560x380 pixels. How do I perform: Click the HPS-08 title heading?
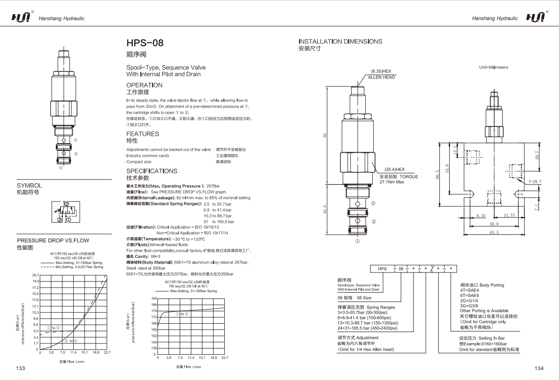click(145, 43)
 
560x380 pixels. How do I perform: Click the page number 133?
click(21, 368)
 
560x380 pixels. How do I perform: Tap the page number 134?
click(538, 368)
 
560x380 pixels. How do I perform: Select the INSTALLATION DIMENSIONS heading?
click(340, 41)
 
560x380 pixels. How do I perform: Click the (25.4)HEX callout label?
click(394, 169)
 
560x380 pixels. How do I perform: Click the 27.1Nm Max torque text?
click(392, 182)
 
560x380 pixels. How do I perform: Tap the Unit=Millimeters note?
click(493, 67)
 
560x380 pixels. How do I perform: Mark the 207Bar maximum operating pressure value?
click(213, 186)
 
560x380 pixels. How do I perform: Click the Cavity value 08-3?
click(155, 256)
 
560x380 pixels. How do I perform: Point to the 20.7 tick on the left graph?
click(35, 275)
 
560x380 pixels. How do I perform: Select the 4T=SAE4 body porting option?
click(470, 290)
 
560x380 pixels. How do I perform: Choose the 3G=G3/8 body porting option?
click(469, 305)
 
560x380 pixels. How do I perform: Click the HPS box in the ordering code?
click(382, 269)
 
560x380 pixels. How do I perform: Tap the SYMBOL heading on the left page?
click(29, 186)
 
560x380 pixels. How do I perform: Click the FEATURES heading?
click(143, 134)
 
